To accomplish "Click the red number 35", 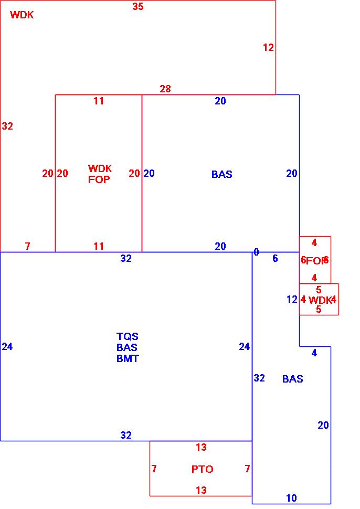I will coord(138,7).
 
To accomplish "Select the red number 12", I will coord(268,48).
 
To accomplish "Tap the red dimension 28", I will coord(165,89).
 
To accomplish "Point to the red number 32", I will coord(7,126).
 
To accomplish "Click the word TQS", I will coord(128,336).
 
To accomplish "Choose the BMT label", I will coord(128,359).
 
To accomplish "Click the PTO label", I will coord(202,469).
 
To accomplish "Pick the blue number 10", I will coord(291,499).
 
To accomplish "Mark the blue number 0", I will coord(256,252).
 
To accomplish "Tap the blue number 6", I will coord(275,258).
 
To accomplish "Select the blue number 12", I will coord(292,300).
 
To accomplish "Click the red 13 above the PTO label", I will coord(201,448).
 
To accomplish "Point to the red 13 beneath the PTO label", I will coord(201,491).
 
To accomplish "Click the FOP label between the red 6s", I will coord(315,261).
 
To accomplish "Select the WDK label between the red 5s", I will coord(319,300).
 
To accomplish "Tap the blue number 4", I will coord(314,353).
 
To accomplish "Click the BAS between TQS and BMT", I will coord(128,347).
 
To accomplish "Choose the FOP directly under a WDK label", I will coord(99,179).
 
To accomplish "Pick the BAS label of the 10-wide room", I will coord(292,379).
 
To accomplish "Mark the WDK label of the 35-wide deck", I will coord(22,15).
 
